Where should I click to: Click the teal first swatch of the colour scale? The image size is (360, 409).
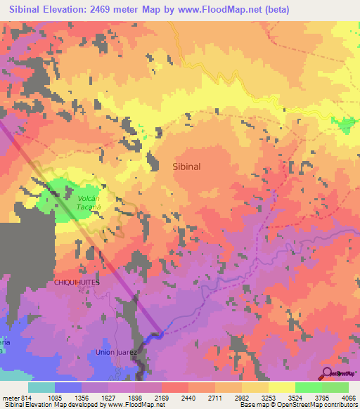coord(41,387)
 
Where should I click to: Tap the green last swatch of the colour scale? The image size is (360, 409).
coord(335,387)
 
